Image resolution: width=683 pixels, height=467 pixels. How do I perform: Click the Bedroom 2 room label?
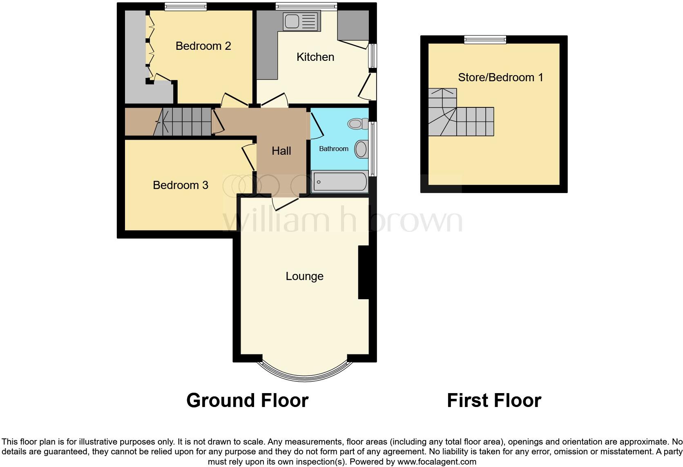203,46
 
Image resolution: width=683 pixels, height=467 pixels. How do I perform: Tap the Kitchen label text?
315,57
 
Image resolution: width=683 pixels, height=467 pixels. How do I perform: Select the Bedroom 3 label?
180,185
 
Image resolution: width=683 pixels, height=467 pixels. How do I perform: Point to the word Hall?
281,151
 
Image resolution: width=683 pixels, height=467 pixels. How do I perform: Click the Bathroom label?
333,149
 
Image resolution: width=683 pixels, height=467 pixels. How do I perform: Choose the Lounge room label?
304,276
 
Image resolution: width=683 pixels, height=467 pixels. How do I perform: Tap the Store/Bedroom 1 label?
500,77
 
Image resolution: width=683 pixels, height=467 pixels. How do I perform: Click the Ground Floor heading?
247,400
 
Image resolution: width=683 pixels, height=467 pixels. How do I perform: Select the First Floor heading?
494,400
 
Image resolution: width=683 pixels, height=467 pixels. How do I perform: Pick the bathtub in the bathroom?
339,182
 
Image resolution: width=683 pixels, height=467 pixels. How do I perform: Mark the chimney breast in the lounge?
363,272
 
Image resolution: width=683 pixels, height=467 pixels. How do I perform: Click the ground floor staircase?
186,122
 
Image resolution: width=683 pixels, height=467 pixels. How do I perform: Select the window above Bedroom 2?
185,6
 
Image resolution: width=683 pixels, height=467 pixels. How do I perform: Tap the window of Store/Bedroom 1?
485,40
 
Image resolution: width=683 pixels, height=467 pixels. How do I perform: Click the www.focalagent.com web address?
437,462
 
